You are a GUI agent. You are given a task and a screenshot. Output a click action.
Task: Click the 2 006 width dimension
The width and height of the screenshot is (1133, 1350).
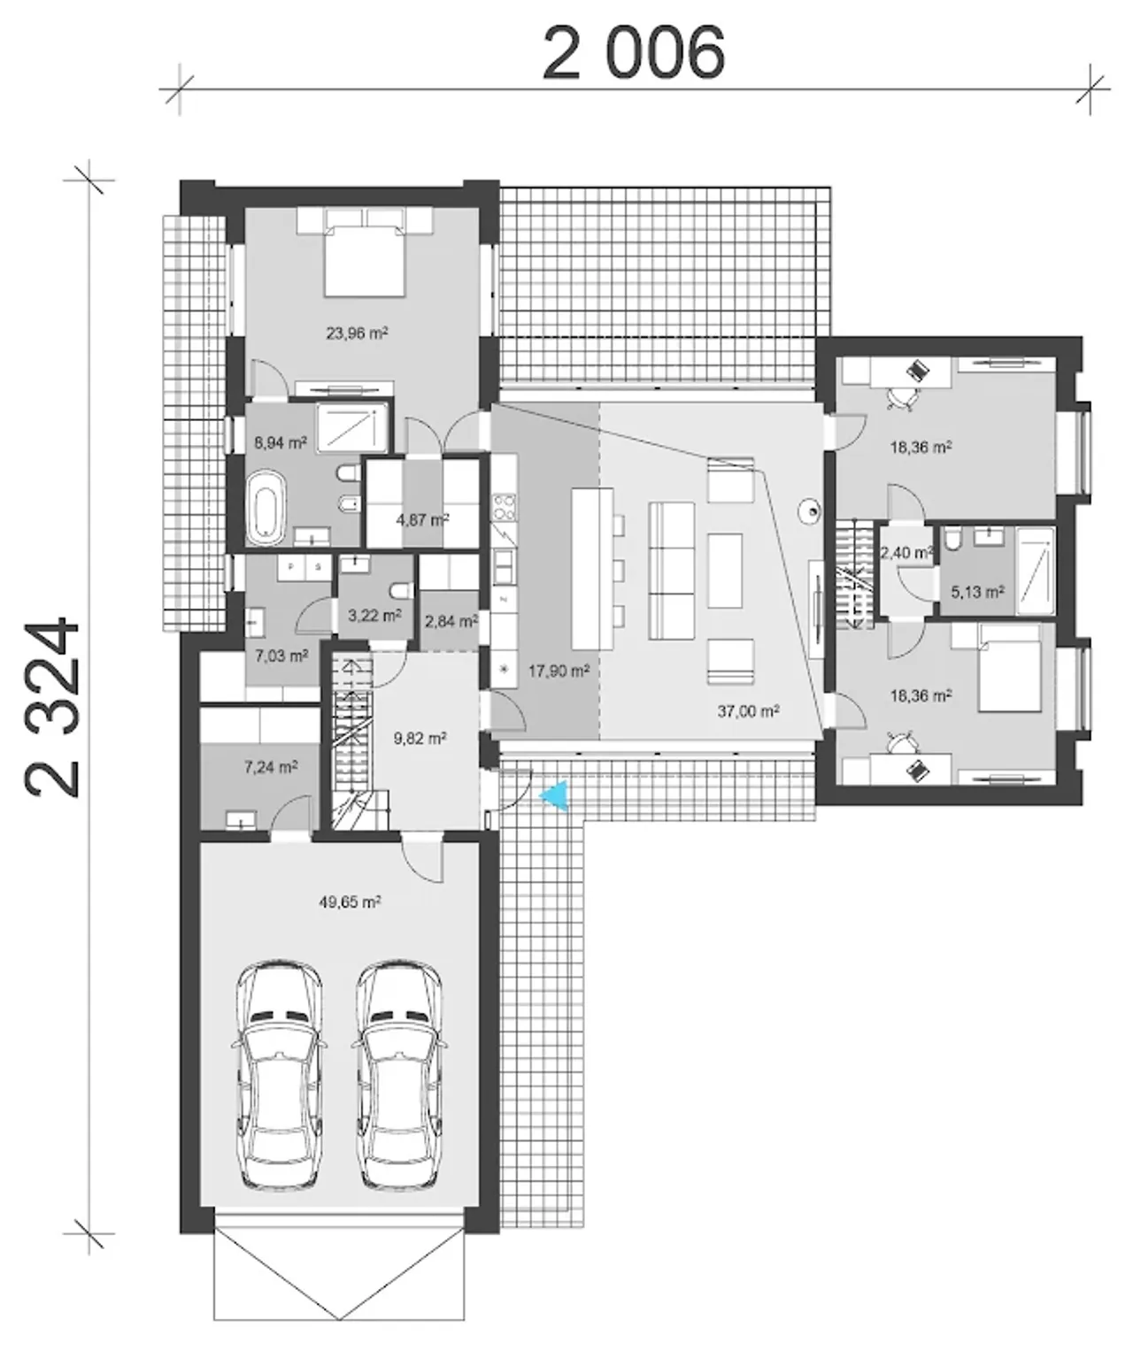(633, 54)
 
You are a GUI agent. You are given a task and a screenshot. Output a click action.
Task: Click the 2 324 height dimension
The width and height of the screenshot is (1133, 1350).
(52, 708)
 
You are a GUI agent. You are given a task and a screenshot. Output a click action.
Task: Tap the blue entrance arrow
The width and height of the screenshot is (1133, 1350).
(557, 795)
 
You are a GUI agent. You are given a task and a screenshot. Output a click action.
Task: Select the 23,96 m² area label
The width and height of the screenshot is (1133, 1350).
(357, 333)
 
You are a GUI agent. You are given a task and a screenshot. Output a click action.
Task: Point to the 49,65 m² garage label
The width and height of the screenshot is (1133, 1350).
(350, 901)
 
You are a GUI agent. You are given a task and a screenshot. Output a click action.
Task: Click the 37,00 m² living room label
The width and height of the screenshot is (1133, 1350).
(747, 711)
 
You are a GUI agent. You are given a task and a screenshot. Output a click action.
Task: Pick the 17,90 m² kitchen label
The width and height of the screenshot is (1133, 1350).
(559, 671)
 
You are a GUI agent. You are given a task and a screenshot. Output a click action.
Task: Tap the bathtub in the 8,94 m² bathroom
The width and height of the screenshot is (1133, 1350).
(266, 508)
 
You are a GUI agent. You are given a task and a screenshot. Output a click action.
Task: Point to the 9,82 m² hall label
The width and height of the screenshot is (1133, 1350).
(420, 738)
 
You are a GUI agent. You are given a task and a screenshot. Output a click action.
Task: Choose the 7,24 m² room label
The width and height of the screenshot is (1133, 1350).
(271, 767)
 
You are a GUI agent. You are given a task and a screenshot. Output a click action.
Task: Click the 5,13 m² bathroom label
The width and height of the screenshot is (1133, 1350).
(977, 591)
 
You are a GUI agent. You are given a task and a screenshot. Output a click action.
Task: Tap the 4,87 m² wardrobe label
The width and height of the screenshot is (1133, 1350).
(422, 518)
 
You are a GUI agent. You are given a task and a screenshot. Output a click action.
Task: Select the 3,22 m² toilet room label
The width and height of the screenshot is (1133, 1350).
(374, 615)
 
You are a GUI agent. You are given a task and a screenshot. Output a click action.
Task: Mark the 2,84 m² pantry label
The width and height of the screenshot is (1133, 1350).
(451, 621)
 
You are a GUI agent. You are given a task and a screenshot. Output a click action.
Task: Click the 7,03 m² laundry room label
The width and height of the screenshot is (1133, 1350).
(281, 656)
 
